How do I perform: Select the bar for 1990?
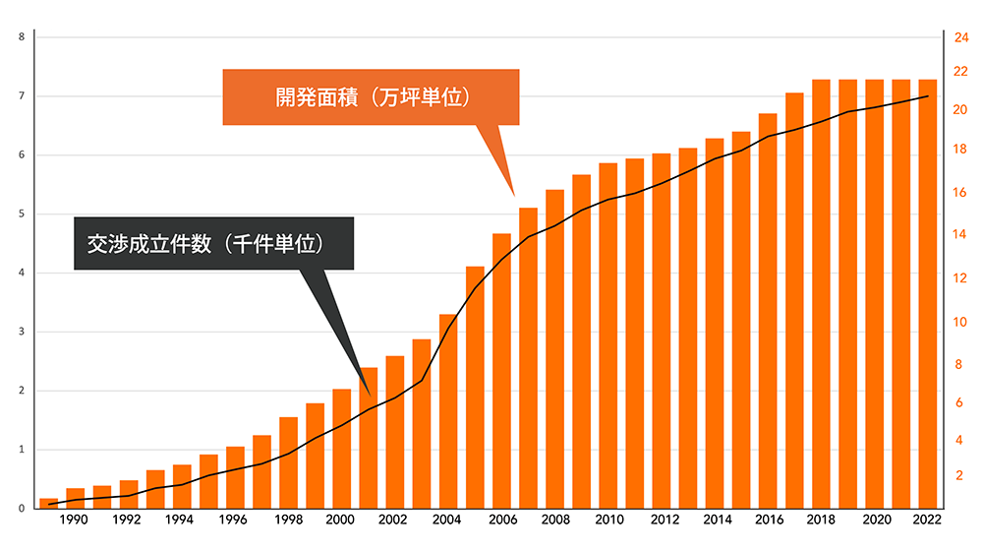75,498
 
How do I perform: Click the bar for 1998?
288,462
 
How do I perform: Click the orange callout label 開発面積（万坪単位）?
371,97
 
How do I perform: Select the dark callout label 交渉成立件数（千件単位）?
212,244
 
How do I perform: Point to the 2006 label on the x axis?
501,520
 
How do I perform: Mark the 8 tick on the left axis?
22,36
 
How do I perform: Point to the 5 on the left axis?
22,214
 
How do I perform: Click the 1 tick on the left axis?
22,450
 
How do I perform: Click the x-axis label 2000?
341,520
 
